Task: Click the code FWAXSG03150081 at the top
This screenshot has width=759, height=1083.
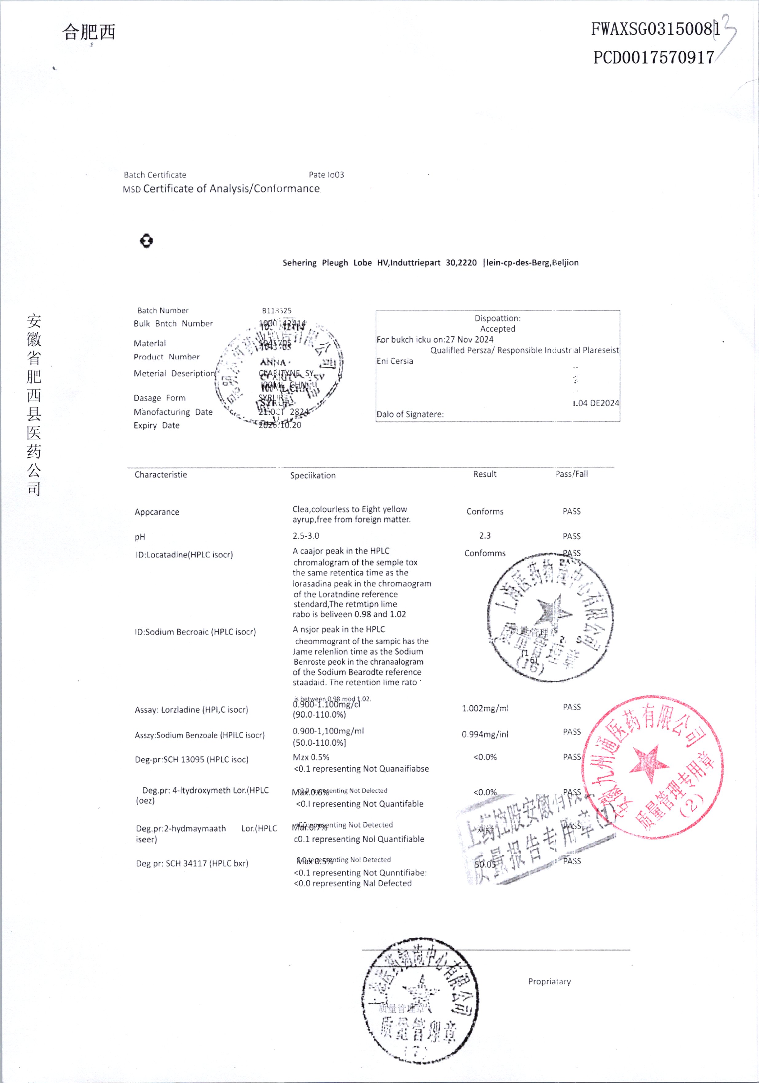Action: (x=655, y=29)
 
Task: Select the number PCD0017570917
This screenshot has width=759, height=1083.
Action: (x=653, y=58)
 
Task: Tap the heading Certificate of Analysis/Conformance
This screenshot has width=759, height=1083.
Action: (x=231, y=189)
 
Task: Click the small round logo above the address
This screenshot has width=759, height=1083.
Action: (x=147, y=241)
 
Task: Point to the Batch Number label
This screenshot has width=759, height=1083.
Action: (x=163, y=310)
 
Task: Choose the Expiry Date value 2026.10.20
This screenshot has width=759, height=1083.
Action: (x=280, y=425)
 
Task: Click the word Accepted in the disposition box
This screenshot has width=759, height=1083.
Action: (x=497, y=329)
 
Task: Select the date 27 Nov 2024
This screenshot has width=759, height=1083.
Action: (x=470, y=339)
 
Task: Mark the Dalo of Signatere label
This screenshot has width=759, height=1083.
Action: (x=410, y=414)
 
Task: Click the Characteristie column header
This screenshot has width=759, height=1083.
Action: (x=161, y=474)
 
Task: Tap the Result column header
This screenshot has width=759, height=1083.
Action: (x=485, y=474)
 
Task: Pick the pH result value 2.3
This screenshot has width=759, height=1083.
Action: (x=485, y=536)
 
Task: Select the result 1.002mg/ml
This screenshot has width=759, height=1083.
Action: (x=485, y=708)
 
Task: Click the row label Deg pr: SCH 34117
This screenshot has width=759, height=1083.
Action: (x=192, y=863)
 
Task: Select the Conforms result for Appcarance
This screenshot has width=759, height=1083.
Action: (x=485, y=511)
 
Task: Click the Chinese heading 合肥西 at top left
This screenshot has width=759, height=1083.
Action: (x=88, y=32)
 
